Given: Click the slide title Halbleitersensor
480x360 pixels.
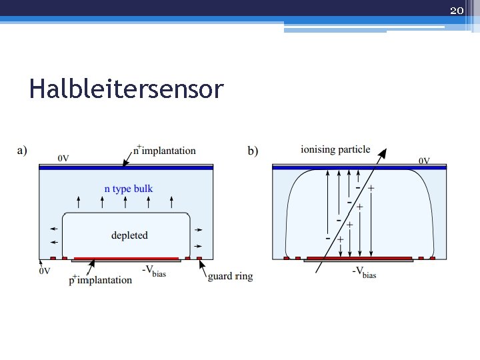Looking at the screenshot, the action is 126,89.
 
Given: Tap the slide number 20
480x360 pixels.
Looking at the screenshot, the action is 457,10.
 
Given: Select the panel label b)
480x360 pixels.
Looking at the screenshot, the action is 253,151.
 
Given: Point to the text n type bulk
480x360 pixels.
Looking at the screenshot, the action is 129,189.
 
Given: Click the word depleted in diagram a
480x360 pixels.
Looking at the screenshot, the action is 129,235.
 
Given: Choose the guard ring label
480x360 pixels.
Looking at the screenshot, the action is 230,275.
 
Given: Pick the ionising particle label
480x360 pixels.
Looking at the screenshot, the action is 335,149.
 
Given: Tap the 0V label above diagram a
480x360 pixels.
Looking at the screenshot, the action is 63,158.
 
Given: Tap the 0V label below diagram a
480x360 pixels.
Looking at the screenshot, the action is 44,271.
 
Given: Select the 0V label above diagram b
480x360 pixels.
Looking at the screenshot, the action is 424,160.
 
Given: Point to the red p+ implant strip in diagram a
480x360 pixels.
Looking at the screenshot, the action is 126,258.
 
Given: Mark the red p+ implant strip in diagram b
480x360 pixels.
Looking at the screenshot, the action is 359,258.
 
